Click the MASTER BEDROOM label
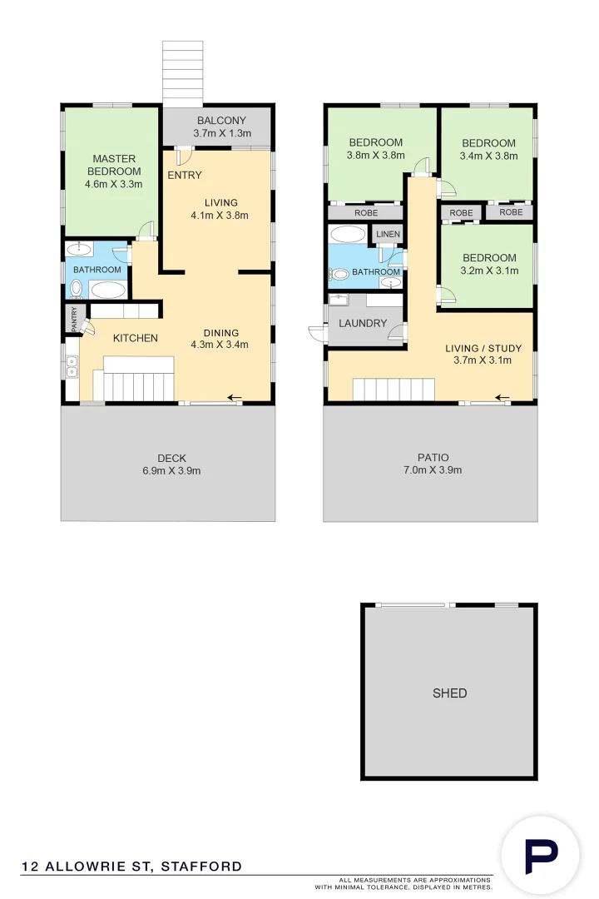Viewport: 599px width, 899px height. [x=114, y=165]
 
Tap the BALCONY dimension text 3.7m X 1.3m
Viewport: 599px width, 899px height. [x=222, y=133]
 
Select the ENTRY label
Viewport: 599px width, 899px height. [x=184, y=175]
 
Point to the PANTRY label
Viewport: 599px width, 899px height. [x=74, y=320]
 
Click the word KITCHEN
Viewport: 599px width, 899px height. [x=136, y=338]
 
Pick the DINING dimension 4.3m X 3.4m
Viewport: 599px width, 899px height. [x=220, y=345]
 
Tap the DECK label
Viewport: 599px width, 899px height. [x=171, y=458]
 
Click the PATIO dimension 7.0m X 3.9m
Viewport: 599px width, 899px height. [x=433, y=470]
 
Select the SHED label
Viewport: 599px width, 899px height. [x=449, y=693]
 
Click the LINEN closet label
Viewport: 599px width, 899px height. [x=388, y=235]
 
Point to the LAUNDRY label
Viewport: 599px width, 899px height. [x=362, y=323]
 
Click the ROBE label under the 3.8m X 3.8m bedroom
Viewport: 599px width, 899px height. [x=366, y=213]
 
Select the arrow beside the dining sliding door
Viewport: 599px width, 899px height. [x=235, y=397]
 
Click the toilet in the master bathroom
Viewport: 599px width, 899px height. [x=77, y=288]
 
